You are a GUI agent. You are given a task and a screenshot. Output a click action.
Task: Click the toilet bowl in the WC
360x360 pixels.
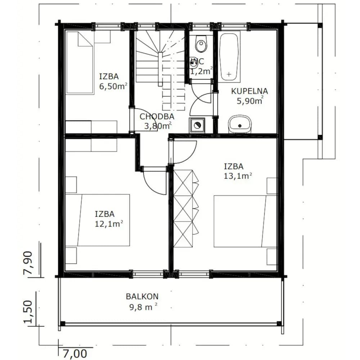tap(201, 44)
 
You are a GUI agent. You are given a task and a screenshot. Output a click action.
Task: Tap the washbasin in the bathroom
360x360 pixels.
tap(240, 124)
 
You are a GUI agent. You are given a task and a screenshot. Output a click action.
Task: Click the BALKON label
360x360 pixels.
tap(142, 296)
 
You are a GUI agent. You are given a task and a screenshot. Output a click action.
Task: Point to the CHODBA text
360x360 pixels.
tap(157, 117)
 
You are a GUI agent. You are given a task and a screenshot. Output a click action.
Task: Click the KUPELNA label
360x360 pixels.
tap(249, 91)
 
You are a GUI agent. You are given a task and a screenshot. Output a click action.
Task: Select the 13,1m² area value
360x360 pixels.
tap(238, 176)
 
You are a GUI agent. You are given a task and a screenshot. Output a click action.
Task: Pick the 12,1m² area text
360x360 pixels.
tap(109, 224)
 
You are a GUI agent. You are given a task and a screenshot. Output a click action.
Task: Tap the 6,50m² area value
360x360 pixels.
tap(113, 86)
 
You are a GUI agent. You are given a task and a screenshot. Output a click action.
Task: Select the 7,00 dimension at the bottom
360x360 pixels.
tap(75, 354)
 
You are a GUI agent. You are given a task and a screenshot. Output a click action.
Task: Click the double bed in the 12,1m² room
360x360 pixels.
tap(97, 220)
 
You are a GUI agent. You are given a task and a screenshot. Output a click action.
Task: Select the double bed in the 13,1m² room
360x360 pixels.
tap(246, 221)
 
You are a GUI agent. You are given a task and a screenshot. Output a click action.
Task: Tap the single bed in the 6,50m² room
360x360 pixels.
tap(80, 62)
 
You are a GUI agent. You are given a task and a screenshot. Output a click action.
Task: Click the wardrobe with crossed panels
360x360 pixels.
tap(186, 208)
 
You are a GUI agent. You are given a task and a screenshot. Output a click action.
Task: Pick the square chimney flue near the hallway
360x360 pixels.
tap(197, 125)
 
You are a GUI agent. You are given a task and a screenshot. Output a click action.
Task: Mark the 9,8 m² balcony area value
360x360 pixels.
tap(143, 307)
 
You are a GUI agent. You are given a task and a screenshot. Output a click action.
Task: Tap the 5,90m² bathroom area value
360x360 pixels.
tap(250, 101)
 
